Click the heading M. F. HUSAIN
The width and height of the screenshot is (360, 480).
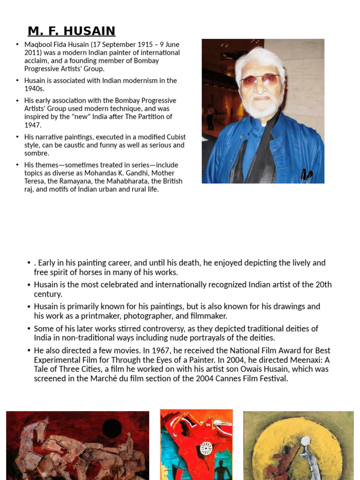click(71, 31)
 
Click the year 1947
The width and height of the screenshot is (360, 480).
click(32, 125)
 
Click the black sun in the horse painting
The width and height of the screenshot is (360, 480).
click(112, 428)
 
